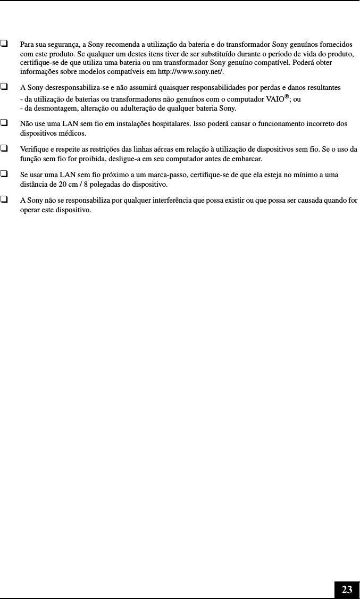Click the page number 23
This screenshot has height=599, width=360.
pos(347,589)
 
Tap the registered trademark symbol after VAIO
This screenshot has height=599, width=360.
pos(286,97)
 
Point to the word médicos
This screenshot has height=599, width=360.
pos(74,134)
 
